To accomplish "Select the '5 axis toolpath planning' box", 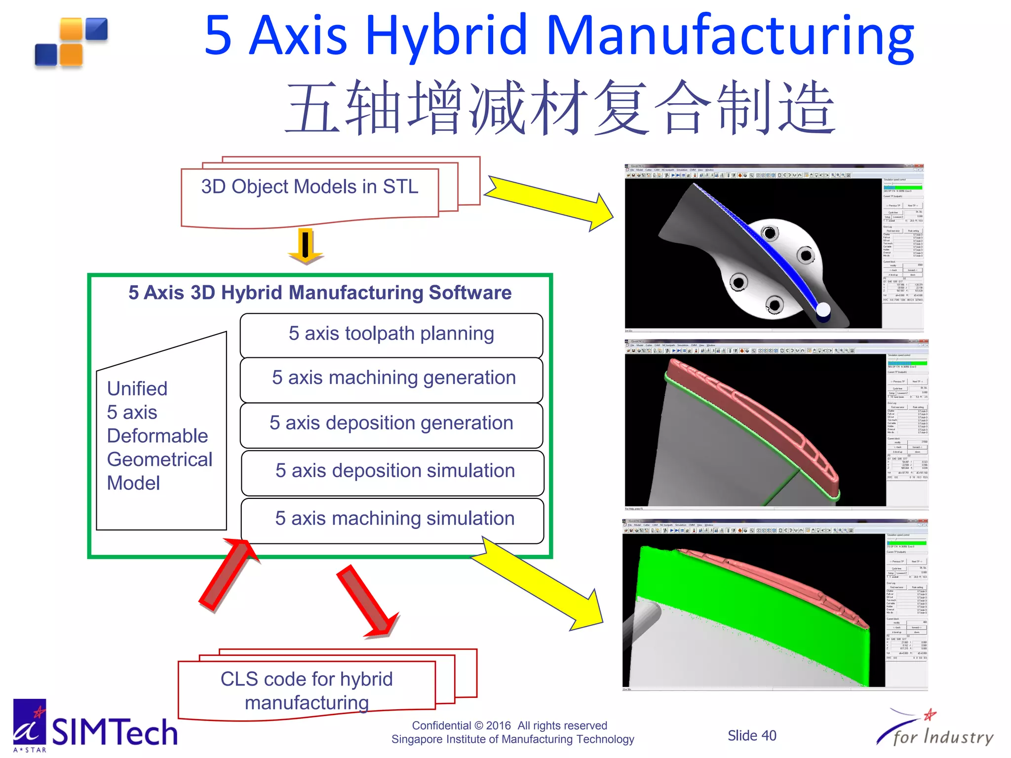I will [x=391, y=334].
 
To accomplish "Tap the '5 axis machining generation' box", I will [x=393, y=378].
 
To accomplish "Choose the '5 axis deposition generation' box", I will [x=391, y=423].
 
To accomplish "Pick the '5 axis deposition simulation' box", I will [x=394, y=471].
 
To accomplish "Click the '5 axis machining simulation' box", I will [x=394, y=519].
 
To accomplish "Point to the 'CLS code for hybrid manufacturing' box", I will [x=307, y=690].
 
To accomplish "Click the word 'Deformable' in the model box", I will [x=157, y=436].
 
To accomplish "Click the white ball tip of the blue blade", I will [x=823, y=310].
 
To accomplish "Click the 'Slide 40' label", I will [x=751, y=736].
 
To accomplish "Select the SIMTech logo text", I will [x=115, y=732].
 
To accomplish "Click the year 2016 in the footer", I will [x=498, y=725].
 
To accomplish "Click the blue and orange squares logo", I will [x=72, y=42].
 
